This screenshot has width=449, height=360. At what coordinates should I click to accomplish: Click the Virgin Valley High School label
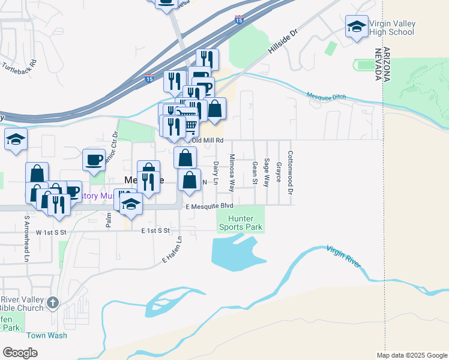coord(393,28)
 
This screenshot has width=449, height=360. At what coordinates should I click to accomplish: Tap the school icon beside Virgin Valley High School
coord(357,26)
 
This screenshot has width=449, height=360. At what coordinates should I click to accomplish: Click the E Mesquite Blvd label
coord(209,206)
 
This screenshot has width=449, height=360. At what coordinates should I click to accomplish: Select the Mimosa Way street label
coord(232,172)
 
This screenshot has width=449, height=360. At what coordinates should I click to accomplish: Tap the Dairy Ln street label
coord(215,173)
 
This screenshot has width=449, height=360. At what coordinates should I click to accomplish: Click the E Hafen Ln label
coord(172,251)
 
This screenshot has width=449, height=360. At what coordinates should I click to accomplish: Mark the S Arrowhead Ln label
coord(26,238)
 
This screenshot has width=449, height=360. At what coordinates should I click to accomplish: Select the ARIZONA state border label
coord(387,64)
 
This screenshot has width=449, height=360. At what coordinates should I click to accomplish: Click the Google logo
coord(20,352)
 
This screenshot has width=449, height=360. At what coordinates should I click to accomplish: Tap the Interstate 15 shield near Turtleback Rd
coord(149,79)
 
